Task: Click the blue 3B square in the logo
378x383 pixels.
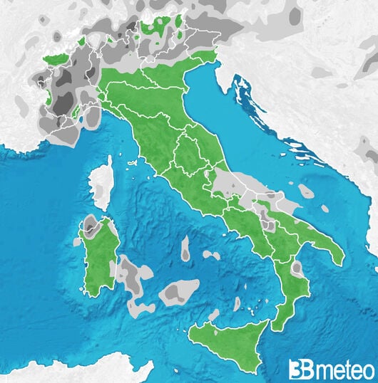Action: [x=298, y=369]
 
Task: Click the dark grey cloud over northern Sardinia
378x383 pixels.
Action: [x=91, y=228]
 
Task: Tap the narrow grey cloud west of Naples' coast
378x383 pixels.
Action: [x=185, y=248]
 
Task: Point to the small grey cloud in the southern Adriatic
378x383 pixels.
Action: [x=307, y=191]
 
